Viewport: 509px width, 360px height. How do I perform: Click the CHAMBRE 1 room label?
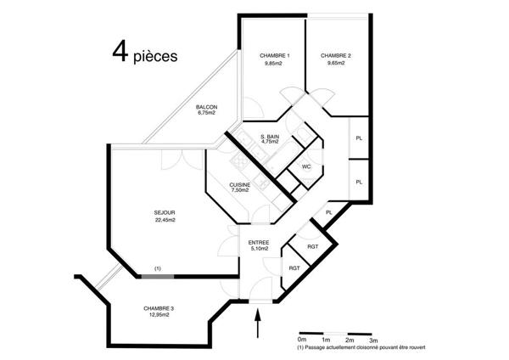(275, 56)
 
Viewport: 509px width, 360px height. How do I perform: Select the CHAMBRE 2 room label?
(336, 56)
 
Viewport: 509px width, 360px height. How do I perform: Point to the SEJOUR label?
(165, 213)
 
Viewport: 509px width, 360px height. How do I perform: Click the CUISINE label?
(240, 185)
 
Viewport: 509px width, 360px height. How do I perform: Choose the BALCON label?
(206, 107)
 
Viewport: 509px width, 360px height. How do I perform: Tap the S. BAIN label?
(270, 137)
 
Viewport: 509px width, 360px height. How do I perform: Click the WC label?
(306, 166)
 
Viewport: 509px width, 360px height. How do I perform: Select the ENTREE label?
(259, 243)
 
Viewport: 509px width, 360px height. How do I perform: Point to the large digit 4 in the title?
(120, 51)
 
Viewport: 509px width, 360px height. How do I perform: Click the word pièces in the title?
(155, 57)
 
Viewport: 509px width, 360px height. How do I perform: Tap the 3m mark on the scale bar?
(373, 340)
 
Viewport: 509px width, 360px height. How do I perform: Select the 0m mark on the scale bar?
(302, 340)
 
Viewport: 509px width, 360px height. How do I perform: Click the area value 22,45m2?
(165, 220)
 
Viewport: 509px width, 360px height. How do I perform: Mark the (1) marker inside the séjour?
(158, 268)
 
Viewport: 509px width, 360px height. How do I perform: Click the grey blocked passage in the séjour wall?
(158, 277)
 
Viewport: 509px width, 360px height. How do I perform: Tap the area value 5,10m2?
(260, 249)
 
